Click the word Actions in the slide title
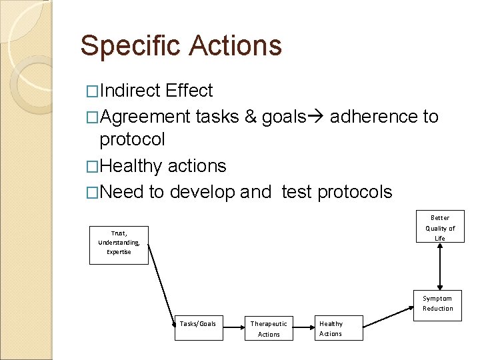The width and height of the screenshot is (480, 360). coord(235,46)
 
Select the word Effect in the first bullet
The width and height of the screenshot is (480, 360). coord(190,91)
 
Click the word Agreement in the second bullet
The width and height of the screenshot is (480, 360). coord(145,117)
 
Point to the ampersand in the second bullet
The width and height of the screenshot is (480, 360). coord(250,117)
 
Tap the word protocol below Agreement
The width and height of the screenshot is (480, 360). coord(132,139)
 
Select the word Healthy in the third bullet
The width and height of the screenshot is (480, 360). coord(131,165)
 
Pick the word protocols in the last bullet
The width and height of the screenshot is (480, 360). coord(355,192)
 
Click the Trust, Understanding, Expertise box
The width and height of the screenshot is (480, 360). coord(119,245)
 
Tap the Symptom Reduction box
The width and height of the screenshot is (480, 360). coord(437,304)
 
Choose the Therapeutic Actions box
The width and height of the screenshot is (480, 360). coord(269,328)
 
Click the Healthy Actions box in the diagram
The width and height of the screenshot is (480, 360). coord(339,328)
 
